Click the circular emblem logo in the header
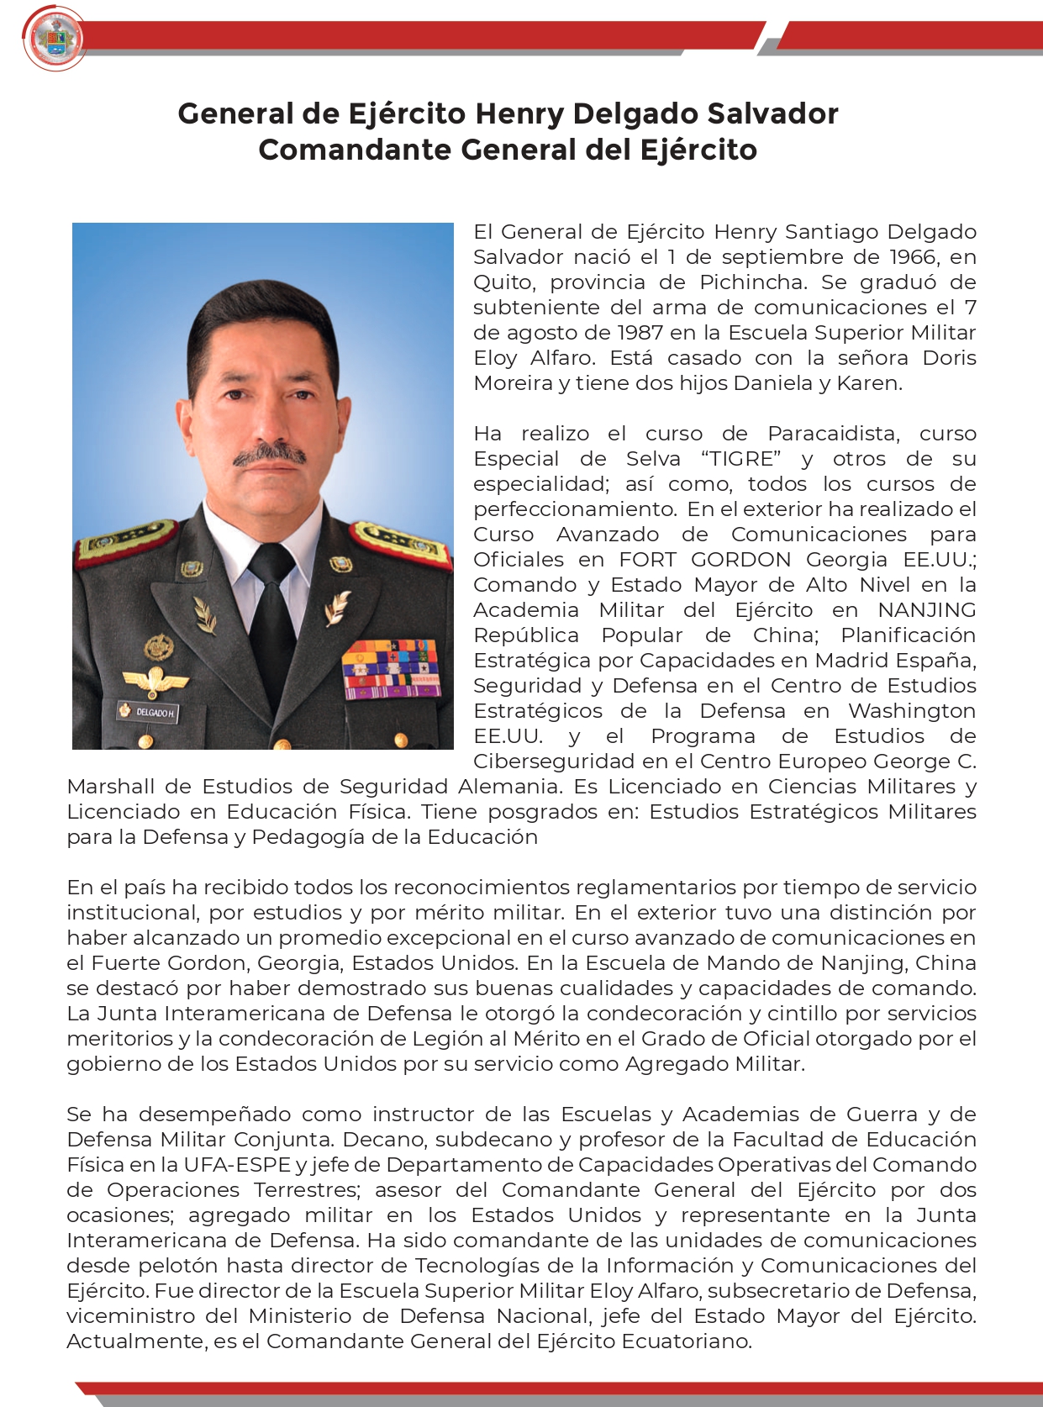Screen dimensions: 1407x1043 click(55, 39)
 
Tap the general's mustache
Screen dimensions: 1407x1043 click(269, 455)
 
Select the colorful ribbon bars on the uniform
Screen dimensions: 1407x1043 click(391, 669)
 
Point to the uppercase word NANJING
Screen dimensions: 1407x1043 click(927, 610)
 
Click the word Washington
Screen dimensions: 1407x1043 click(912, 711)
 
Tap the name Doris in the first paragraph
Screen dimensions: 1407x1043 click(949, 358)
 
